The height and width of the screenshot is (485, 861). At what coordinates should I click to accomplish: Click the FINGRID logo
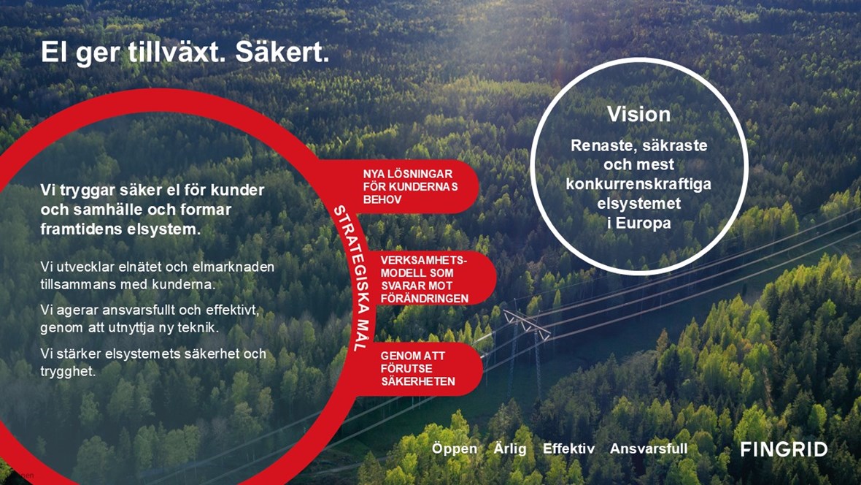click(x=784, y=449)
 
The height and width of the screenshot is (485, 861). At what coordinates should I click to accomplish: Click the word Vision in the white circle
click(x=638, y=115)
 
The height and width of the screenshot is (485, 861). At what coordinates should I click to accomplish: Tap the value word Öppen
click(x=454, y=448)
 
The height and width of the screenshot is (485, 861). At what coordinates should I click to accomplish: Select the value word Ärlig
click(x=509, y=448)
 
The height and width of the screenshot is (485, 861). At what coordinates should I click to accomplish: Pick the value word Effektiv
click(x=568, y=448)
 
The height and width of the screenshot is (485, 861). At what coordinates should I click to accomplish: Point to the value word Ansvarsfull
click(x=649, y=448)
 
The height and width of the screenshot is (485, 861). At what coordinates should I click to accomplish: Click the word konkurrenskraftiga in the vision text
click(x=638, y=184)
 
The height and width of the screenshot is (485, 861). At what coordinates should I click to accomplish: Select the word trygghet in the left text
click(x=68, y=371)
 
